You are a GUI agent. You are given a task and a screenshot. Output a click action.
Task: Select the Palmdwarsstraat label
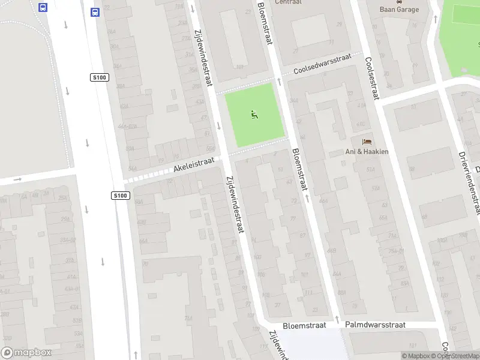click(x=376, y=325)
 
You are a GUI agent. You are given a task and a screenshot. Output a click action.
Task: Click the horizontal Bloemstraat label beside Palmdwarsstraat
click(x=304, y=325)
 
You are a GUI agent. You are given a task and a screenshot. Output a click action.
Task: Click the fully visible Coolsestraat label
click(x=372, y=78)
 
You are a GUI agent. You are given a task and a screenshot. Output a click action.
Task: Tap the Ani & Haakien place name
click(x=367, y=152)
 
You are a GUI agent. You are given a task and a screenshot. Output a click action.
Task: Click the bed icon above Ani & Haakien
click(x=367, y=142)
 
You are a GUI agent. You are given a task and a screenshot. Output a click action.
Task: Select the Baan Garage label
click(x=399, y=10)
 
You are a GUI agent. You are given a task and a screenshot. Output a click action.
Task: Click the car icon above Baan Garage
click(x=399, y=1)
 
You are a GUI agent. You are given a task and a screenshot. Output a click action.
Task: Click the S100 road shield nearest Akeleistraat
click(x=121, y=196)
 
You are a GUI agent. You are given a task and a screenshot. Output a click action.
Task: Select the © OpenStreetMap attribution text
click(x=455, y=356)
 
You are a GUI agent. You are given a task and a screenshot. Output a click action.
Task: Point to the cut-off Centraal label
click(x=289, y=2)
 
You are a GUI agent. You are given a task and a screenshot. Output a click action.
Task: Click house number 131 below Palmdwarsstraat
click(x=412, y=346)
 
